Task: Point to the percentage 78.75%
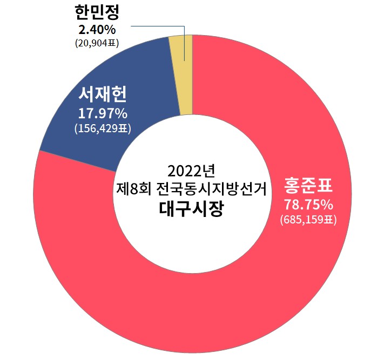tap(308, 206)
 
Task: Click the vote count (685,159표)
tap(308, 220)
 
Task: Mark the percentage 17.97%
tap(103, 114)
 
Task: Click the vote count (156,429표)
tap(103, 128)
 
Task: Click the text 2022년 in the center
tap(192, 171)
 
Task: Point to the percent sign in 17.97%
tap(120, 114)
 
